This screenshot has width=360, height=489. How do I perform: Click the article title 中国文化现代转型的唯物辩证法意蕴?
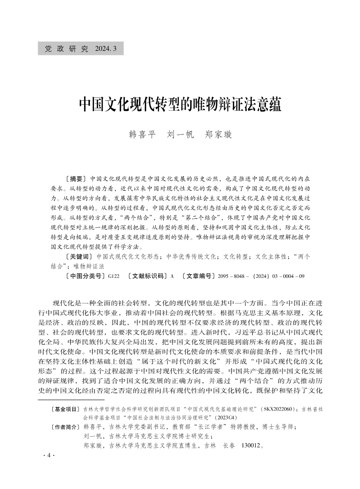[180, 104]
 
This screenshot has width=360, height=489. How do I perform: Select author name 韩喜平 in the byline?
[143, 134]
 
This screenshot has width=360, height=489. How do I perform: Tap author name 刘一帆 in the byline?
[180, 134]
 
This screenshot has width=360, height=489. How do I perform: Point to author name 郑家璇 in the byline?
[218, 134]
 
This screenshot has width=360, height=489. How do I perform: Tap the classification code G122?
[113, 276]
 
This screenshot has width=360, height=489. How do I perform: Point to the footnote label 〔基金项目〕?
[66, 409]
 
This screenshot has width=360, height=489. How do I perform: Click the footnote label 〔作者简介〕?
[66, 427]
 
